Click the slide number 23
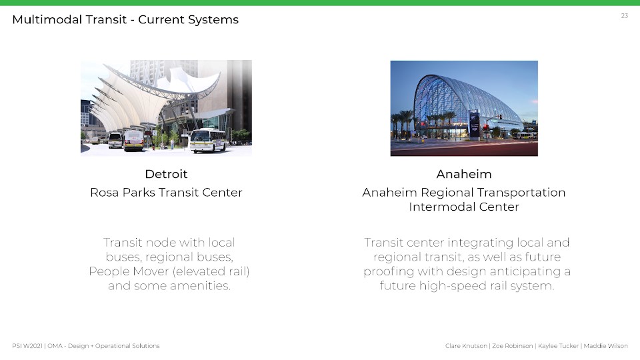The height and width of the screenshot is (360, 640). point(625,15)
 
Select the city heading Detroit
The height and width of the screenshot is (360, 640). point(166,174)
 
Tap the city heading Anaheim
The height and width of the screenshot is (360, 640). point(464,174)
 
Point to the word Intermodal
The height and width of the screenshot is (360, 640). point(442,207)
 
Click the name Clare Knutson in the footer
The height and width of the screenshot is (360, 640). point(466,346)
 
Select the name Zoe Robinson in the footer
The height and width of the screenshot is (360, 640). point(512,346)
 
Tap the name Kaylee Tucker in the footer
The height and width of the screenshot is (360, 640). point(559,346)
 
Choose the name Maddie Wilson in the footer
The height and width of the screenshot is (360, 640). point(606,346)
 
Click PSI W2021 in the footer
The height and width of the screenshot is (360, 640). point(27,346)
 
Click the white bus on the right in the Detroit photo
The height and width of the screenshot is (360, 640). point(207,140)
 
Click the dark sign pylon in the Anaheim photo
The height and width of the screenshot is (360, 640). point(474,124)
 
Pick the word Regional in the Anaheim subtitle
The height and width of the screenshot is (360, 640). point(447,192)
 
